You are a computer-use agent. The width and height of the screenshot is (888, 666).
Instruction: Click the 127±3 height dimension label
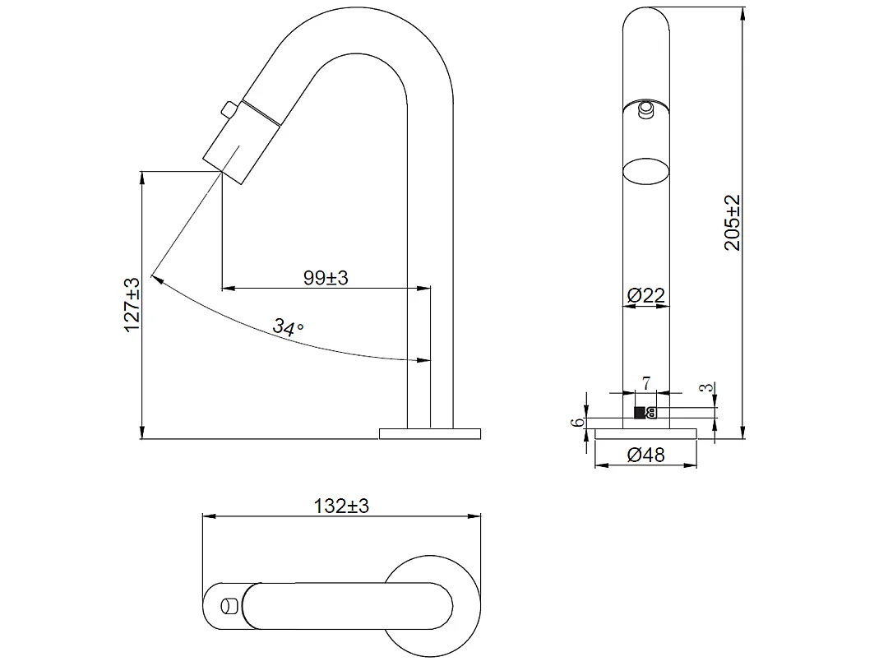(132, 304)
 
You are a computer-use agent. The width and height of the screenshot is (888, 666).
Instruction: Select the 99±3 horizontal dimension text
(326, 278)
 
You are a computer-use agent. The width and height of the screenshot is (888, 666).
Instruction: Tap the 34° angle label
(289, 328)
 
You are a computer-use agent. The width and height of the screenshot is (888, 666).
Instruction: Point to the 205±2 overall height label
(733, 223)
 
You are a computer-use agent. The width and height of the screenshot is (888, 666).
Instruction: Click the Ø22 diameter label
(645, 296)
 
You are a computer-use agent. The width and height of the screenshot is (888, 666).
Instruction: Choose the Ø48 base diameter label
(645, 455)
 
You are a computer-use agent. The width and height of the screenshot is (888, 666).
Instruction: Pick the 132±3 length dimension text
(341, 506)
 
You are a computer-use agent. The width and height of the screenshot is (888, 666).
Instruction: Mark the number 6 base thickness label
(579, 422)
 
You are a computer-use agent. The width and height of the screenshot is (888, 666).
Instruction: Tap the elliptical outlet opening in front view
(645, 173)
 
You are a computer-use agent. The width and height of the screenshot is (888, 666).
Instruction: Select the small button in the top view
(228, 606)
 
